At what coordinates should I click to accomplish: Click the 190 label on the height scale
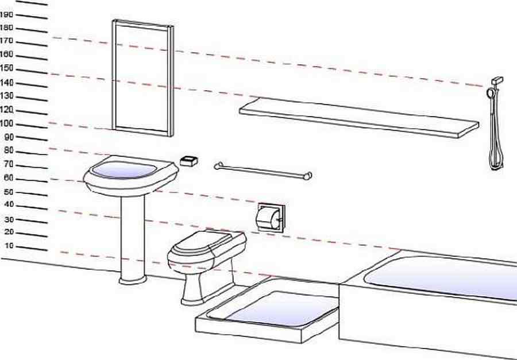coord(6,14)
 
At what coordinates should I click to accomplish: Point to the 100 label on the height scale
coord(6,123)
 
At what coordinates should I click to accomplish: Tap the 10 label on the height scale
coord(9,246)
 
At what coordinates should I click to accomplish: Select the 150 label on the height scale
coord(6,68)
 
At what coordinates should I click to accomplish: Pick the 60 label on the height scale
coord(9,178)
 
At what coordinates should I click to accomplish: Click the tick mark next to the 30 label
coord(32,221)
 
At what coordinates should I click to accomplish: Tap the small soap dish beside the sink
coord(189,161)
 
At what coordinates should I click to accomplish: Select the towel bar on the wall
coord(263,171)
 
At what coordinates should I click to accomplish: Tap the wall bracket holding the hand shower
coord(497,81)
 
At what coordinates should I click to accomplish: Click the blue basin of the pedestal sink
coord(123,170)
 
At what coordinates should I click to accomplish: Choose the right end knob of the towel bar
coord(308,176)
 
